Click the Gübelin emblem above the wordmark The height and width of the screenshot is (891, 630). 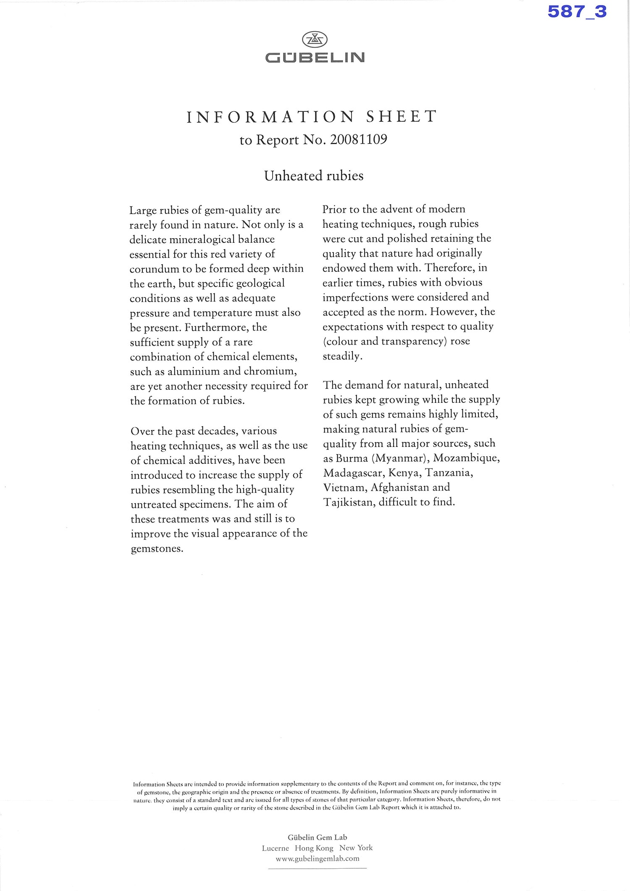(315, 40)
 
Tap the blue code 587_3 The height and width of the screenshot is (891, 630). (577, 11)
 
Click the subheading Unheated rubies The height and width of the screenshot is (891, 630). (314, 176)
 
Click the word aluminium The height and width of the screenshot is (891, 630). (194, 371)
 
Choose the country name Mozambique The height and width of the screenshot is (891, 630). (466, 458)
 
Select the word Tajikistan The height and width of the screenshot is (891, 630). (349, 502)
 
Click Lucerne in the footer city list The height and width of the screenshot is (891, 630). (275, 848)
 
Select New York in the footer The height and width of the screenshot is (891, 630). (356, 848)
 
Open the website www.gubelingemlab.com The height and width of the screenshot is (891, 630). (317, 859)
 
